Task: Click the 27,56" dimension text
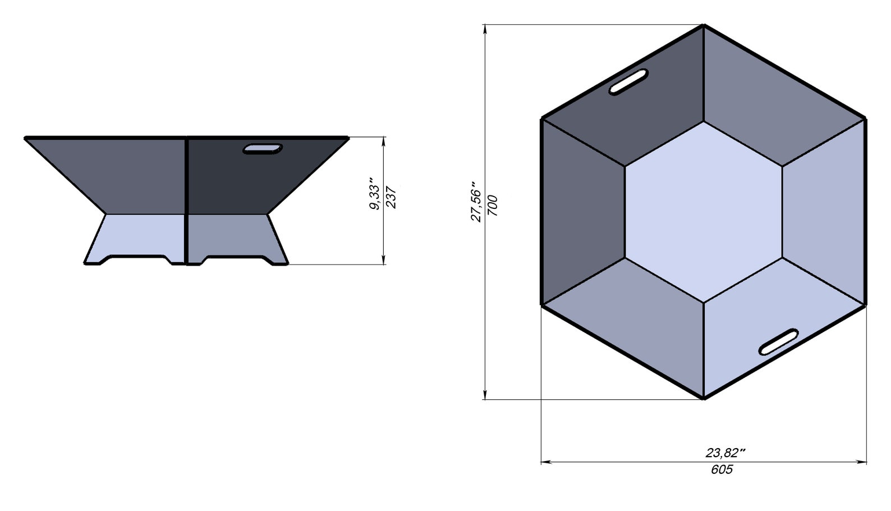coord(476,202)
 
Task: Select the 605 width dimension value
coord(722,469)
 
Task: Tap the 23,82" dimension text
coord(725,453)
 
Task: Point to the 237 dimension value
coord(392,198)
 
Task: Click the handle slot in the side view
coord(262,149)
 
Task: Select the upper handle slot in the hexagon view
coord(629,81)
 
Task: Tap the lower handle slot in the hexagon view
coord(779,341)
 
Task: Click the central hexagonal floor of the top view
coord(704,212)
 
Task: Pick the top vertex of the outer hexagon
coord(704,25)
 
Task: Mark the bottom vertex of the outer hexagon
coord(704,399)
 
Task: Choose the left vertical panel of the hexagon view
coord(582,212)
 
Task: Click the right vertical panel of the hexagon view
coord(824,212)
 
